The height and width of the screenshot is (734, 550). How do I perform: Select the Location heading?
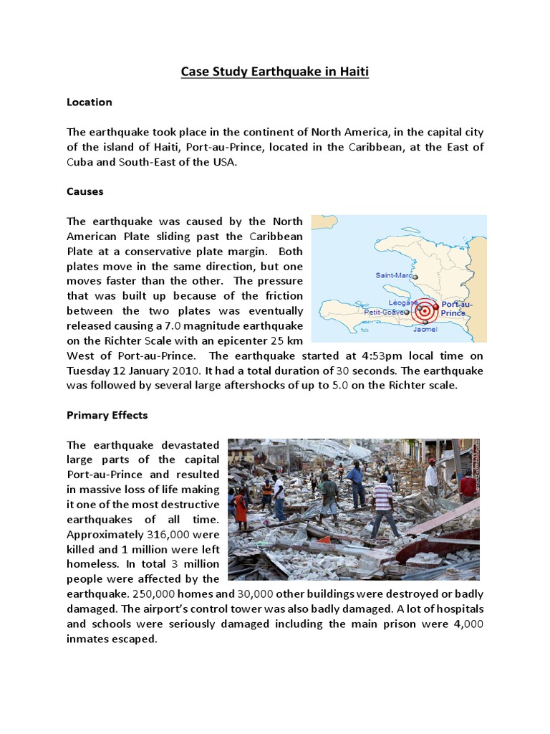pyautogui.click(x=90, y=103)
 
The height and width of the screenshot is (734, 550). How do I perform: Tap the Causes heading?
pyautogui.click(x=85, y=192)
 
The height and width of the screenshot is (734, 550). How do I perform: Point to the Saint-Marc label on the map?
pyautogui.click(x=393, y=275)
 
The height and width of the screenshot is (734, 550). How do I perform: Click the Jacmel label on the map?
pyautogui.click(x=425, y=329)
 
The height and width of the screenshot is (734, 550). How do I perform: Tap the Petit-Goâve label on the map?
pyautogui.click(x=382, y=313)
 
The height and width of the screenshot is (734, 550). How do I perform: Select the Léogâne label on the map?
pyautogui.click(x=402, y=302)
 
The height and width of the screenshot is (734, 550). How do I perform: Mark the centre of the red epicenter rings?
pyautogui.click(x=425, y=312)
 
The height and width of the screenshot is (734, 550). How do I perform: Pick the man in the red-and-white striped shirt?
pyautogui.click(x=384, y=506)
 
